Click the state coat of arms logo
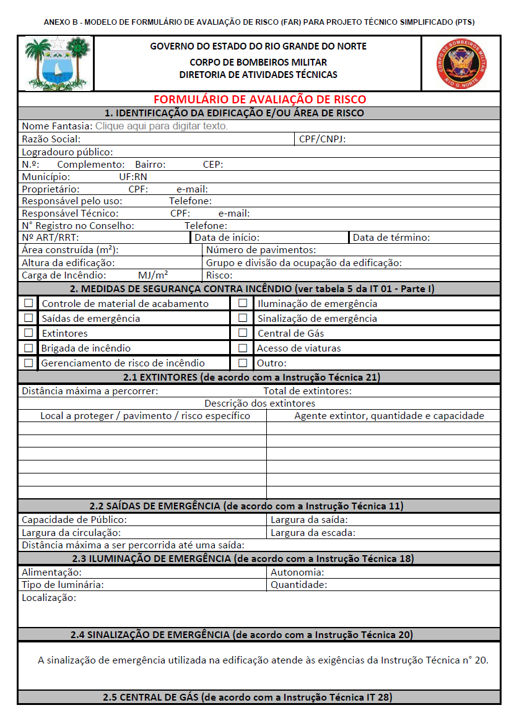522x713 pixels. (56, 63)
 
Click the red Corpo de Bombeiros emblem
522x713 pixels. (462, 63)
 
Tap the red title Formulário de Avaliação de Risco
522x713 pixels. (259, 100)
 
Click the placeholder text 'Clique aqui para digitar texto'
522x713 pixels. (161, 126)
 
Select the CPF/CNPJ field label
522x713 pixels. (322, 139)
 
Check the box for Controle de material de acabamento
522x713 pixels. (28, 303)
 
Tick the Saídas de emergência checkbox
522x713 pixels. (28, 318)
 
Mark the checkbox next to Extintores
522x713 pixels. (28, 333)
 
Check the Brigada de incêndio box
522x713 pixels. (28, 348)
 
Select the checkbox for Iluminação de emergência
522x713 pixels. (243, 303)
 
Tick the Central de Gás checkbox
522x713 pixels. (243, 333)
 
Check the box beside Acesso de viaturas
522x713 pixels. (243, 348)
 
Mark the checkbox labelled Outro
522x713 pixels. (243, 363)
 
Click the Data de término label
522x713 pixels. (391, 238)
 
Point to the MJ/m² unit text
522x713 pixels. (153, 275)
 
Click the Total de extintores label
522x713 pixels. (307, 391)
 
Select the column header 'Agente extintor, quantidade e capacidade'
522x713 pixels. (389, 416)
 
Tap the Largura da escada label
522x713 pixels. (313, 532)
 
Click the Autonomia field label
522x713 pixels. (297, 573)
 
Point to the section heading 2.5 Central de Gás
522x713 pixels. (247, 698)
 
